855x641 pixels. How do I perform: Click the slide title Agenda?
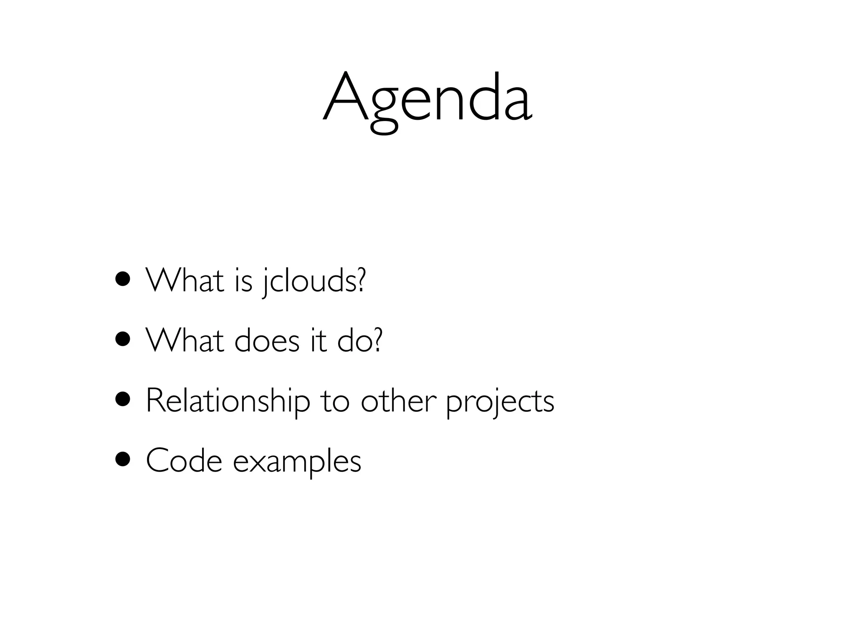click(x=427, y=100)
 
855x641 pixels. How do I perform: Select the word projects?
click(x=500, y=401)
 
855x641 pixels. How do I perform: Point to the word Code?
click(x=184, y=461)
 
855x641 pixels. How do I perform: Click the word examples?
click(x=297, y=462)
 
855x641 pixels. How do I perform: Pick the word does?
click(x=267, y=341)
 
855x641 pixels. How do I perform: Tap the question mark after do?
click(x=377, y=340)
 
